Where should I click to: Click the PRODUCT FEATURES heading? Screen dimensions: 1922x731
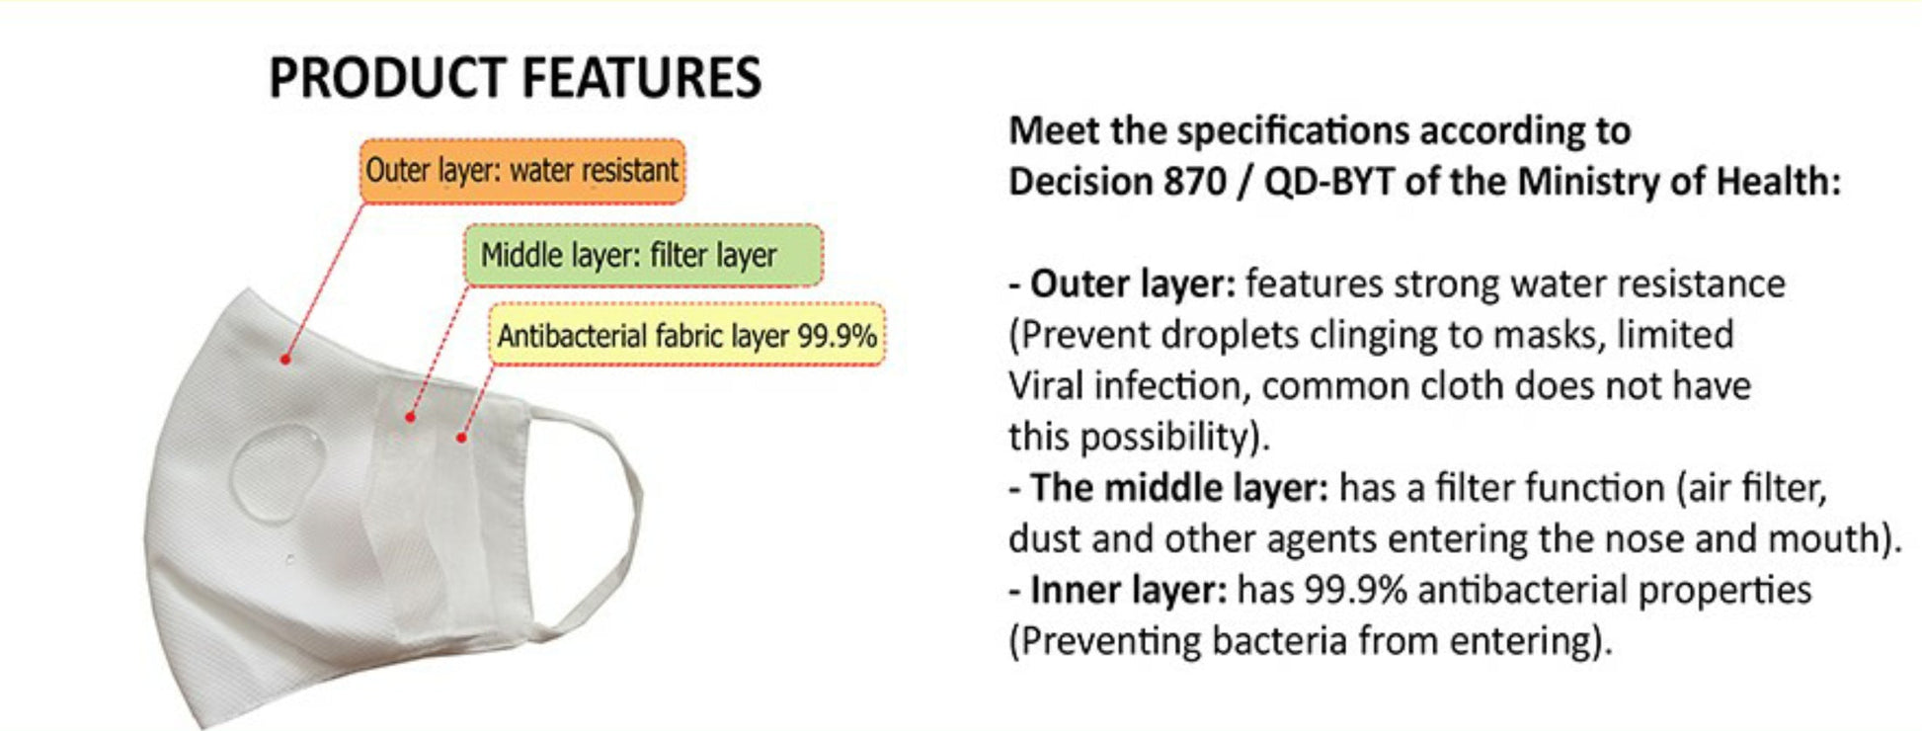515,78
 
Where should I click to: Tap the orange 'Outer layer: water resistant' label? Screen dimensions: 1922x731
521,171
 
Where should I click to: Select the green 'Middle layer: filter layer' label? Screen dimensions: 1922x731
643,256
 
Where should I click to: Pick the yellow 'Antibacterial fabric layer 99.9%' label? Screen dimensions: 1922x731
687,336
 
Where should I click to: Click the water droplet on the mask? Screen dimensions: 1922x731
278,471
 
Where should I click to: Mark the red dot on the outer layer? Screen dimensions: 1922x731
285,359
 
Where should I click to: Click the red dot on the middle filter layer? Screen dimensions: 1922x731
410,417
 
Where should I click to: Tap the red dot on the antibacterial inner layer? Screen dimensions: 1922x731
461,436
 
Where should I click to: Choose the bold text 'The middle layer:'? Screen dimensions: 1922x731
1179,488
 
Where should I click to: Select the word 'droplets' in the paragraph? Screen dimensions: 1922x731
1215,336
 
